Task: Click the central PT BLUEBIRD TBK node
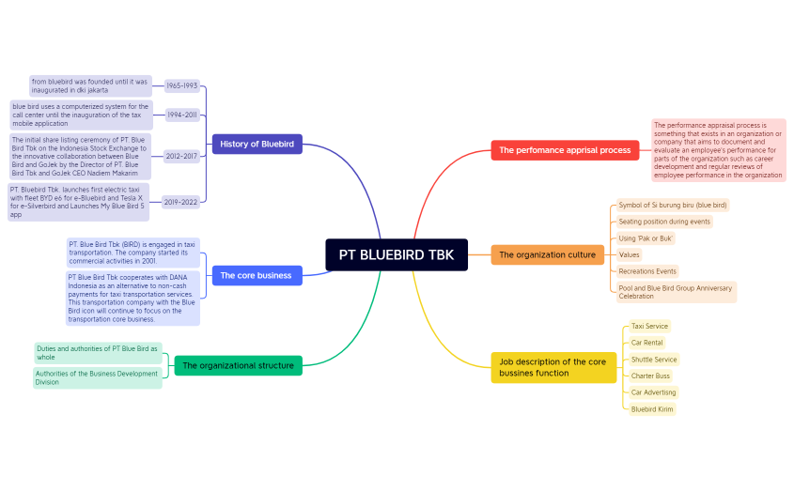coord(396,254)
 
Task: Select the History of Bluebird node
coord(257,144)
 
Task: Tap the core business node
coord(256,275)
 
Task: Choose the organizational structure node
coord(238,365)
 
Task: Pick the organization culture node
coord(547,254)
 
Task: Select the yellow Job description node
coord(553,367)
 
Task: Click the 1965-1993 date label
coord(181,85)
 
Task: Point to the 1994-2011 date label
coord(181,115)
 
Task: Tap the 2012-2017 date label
coord(181,156)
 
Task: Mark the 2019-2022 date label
coord(181,201)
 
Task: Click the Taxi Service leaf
coord(649,326)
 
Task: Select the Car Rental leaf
coord(647,343)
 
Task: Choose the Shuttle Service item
coord(654,360)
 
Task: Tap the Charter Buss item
coord(650,376)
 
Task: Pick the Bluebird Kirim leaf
coord(652,409)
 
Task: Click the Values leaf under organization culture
coord(629,254)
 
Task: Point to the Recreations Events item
coord(647,271)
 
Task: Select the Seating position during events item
coord(663,222)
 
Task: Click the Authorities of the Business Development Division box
coord(98,377)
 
